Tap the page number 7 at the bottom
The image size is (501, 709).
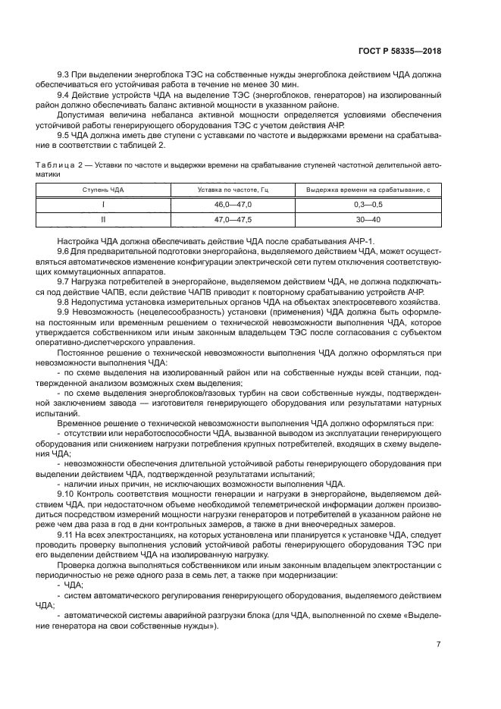pyautogui.click(x=438, y=645)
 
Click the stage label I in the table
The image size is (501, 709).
pyautogui.click(x=103, y=205)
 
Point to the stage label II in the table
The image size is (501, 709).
pyautogui.click(x=103, y=219)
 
